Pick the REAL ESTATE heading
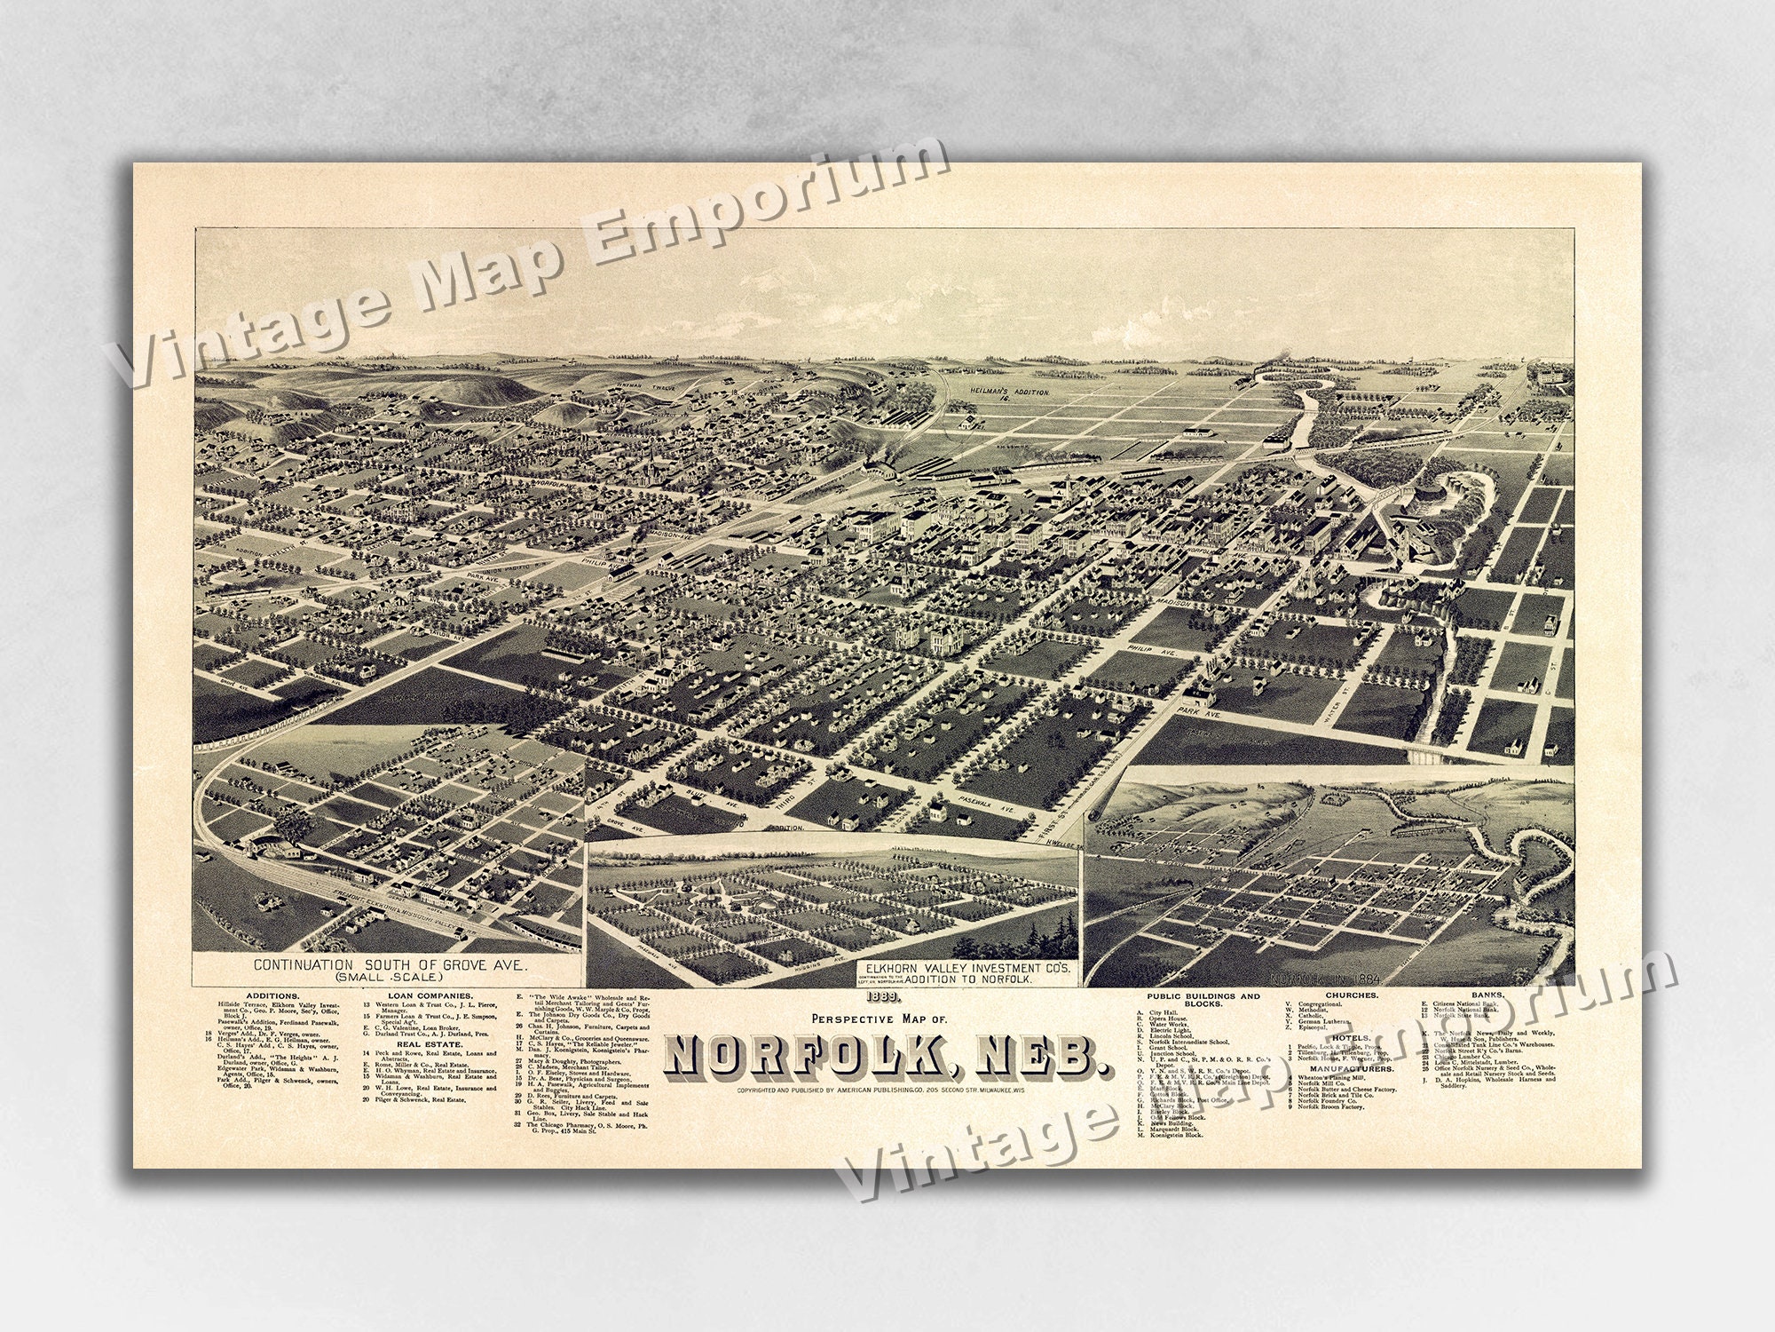425,1069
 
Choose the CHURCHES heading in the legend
1352,995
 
